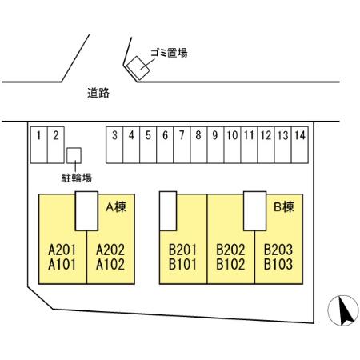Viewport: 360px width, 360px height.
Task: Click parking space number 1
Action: [39, 145]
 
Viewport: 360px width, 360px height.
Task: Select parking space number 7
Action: [182, 145]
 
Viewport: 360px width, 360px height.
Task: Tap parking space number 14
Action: [300, 145]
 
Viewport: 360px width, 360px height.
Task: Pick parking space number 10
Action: [232, 145]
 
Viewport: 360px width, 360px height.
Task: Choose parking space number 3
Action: [114, 145]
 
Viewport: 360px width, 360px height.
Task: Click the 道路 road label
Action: [98, 93]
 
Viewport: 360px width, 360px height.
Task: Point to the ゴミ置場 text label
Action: [169, 53]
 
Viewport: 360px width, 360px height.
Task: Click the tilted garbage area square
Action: [138, 68]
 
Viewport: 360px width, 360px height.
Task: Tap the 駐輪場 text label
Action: [77, 178]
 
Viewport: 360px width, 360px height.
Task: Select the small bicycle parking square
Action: [74, 155]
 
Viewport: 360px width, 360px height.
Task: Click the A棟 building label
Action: [116, 207]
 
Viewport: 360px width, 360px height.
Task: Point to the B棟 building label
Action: [284, 207]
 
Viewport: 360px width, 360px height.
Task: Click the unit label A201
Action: [62, 250]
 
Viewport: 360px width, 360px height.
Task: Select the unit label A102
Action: [110, 265]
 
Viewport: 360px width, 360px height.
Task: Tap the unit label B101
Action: [182, 265]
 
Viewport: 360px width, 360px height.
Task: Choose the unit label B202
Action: [230, 250]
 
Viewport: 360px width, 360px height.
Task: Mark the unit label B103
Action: [278, 265]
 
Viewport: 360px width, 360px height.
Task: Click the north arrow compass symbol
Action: [343, 310]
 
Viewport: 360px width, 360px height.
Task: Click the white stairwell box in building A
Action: [86, 211]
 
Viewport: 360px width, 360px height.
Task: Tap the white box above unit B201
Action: [168, 211]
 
